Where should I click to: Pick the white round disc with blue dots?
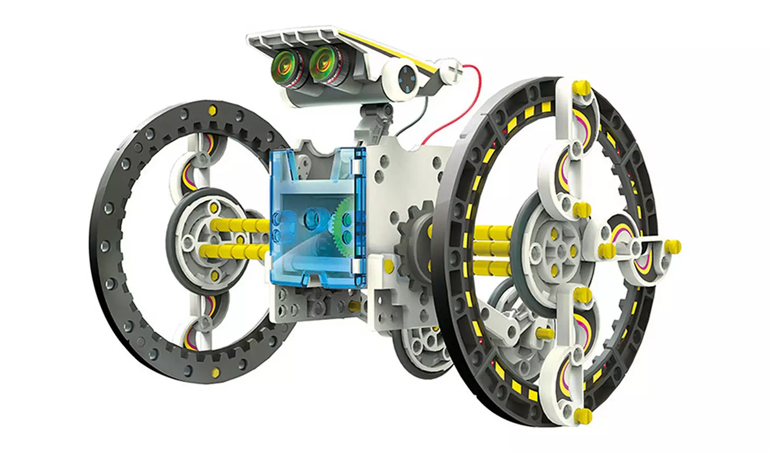(x=406, y=77)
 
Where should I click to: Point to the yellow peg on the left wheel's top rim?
(x=211, y=109)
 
